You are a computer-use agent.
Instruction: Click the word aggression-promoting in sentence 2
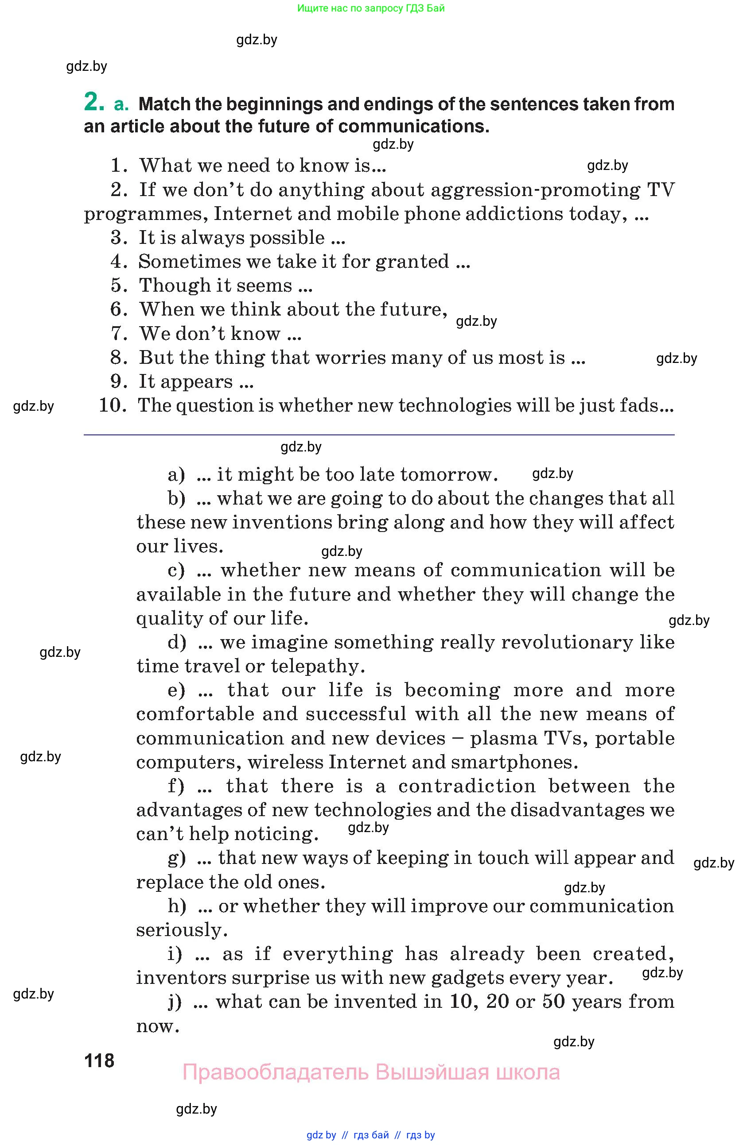[x=535, y=190]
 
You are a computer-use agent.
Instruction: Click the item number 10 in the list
[x=112, y=405]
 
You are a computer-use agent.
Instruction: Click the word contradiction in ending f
[x=467, y=786]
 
